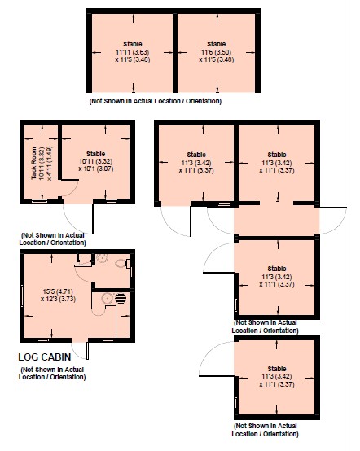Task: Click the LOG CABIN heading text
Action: pyautogui.click(x=45, y=357)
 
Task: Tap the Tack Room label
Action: pyautogui.click(x=34, y=163)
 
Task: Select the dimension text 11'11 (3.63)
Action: pyautogui.click(x=133, y=52)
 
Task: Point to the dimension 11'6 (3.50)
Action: pyautogui.click(x=216, y=52)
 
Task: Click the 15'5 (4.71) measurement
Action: pyautogui.click(x=58, y=291)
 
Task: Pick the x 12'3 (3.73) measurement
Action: pyautogui.click(x=58, y=299)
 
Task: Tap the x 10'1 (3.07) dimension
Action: pyautogui.click(x=96, y=169)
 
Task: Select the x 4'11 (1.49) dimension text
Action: pyautogui.click(x=50, y=164)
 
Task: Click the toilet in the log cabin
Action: pyautogui.click(x=122, y=263)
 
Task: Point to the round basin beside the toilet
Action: pyautogui.click(x=102, y=258)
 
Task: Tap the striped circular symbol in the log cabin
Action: pyautogui.click(x=121, y=298)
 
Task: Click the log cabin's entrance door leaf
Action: pyautogui.click(x=87, y=350)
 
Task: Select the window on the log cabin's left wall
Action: pyautogui.click(x=22, y=296)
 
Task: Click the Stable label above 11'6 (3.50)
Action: pyautogui.click(x=216, y=44)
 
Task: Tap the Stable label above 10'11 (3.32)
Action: pyautogui.click(x=95, y=154)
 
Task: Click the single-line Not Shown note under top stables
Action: pyautogui.click(x=156, y=101)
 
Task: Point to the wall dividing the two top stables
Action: pyautogui.click(x=175, y=52)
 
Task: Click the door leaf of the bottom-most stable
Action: pyautogui.click(x=217, y=376)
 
